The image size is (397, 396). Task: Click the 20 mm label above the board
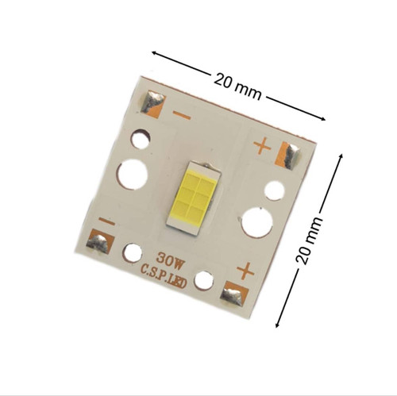coord(237,87)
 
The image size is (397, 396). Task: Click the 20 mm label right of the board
coord(309,240)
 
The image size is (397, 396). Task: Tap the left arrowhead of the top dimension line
coord(154,53)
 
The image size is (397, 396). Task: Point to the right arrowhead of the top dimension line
coord(322,118)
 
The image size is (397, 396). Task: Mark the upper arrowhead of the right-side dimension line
coord(341,156)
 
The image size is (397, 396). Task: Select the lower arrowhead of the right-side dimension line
coord(277,325)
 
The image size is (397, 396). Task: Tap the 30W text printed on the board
coord(170,259)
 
